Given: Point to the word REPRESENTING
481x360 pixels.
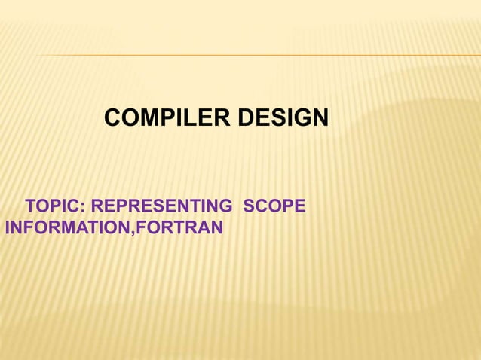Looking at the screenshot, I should (x=162, y=205).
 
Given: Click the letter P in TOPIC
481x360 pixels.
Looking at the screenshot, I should (x=60, y=205).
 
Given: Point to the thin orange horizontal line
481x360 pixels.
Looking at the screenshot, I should (x=256, y=56).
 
